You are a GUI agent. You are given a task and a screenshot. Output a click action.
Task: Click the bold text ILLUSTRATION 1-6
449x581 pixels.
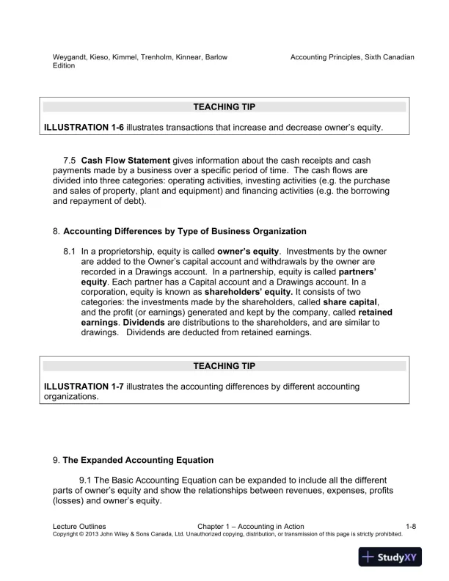click(x=84, y=127)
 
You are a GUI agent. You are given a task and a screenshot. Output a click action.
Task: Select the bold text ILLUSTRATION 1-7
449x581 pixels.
click(x=84, y=385)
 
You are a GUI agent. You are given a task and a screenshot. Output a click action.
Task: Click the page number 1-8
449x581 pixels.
click(x=411, y=526)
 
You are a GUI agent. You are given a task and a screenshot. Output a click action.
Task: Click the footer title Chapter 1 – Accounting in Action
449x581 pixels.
click(x=251, y=526)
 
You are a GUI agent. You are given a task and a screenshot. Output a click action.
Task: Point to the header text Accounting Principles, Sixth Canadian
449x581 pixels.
click(x=353, y=56)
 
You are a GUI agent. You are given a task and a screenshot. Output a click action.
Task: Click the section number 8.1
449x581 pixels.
click(x=70, y=250)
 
